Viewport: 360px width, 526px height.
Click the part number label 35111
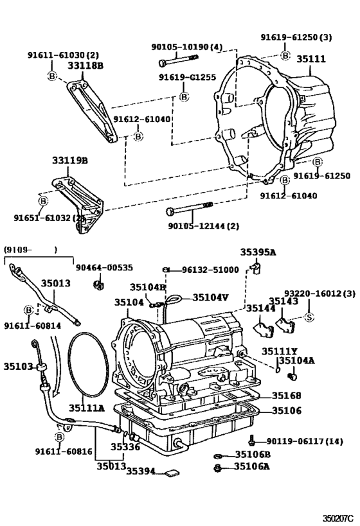tap(310, 59)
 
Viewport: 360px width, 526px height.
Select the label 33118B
tap(85, 65)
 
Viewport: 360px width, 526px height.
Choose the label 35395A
tap(258, 252)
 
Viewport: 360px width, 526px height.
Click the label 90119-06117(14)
tap(305, 441)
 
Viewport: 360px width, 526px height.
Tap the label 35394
tap(140, 471)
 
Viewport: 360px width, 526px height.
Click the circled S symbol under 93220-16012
tap(308, 316)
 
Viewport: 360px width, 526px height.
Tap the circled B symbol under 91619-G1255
tap(183, 96)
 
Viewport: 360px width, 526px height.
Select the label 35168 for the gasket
tap(285, 396)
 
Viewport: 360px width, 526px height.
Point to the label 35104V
tap(210, 297)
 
